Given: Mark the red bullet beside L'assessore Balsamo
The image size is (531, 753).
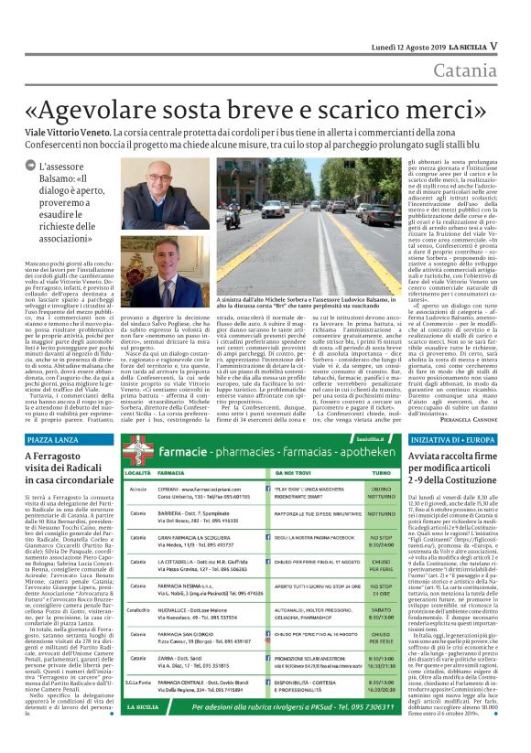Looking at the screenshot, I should click(29, 167).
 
